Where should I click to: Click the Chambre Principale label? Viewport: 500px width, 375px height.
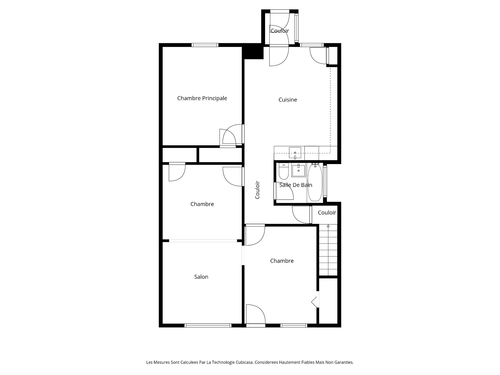click(x=202, y=98)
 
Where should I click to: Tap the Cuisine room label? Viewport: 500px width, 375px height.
click(x=288, y=100)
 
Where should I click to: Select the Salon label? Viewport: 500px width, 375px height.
click(x=201, y=277)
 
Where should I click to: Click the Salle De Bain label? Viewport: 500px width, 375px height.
click(x=296, y=185)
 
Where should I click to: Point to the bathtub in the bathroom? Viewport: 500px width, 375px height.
click(x=315, y=183)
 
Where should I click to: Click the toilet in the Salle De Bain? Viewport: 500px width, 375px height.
click(x=284, y=171)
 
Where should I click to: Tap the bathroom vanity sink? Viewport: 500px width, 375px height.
click(x=298, y=171)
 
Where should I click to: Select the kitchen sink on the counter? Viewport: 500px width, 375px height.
click(x=295, y=153)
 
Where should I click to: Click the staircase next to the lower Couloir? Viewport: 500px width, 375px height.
click(x=328, y=250)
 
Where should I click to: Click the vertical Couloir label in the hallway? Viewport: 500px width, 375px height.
click(x=257, y=190)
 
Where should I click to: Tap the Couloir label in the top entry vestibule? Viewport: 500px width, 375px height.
click(x=280, y=31)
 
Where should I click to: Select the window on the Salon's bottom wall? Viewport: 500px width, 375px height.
click(x=208, y=325)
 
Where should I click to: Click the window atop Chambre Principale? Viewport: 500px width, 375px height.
click(x=205, y=45)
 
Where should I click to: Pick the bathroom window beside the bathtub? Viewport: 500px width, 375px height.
click(x=325, y=181)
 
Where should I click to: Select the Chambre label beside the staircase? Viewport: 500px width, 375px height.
click(x=282, y=261)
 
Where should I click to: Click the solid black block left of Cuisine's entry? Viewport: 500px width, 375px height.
click(x=253, y=51)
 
